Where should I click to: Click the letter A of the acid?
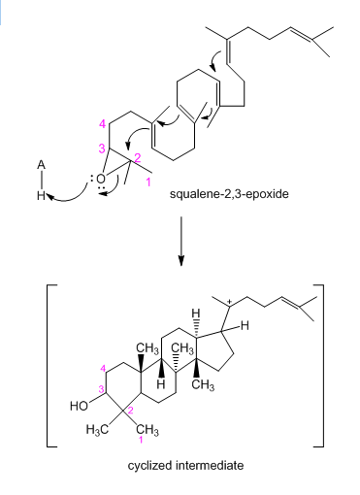click(41, 165)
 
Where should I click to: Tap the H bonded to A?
click(41, 195)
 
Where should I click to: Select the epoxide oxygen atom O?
click(101, 179)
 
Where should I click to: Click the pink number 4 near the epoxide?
click(102, 123)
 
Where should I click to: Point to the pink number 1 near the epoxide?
click(148, 182)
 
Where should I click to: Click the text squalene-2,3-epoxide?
click(229, 194)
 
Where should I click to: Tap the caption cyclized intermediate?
click(185, 466)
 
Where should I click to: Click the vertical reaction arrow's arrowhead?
click(181, 260)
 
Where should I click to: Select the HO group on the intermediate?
click(79, 406)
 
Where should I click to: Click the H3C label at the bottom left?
click(97, 430)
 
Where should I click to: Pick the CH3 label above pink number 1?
click(147, 430)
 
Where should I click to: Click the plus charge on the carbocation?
click(229, 302)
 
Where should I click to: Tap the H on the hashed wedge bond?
click(195, 313)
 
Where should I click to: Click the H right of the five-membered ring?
click(245, 326)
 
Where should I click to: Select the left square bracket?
click(51, 366)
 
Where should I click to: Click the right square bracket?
click(318, 366)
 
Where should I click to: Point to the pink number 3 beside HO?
click(101, 389)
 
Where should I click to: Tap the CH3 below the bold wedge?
click(203, 385)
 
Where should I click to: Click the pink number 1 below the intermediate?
click(141, 440)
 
